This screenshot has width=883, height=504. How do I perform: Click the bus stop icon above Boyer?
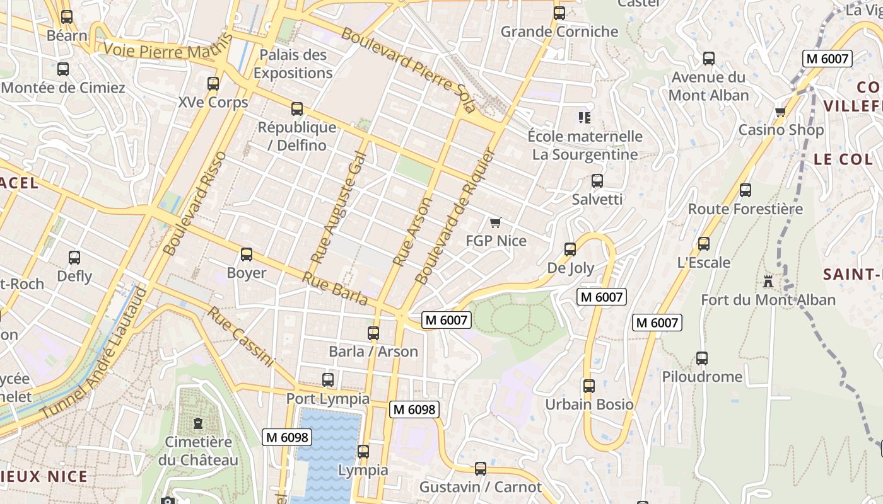247,255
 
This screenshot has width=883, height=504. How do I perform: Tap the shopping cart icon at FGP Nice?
495,222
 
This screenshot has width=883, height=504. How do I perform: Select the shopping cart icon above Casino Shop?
780,112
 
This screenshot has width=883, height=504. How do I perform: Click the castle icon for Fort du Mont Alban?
768,281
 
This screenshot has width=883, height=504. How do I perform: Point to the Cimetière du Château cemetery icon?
199,423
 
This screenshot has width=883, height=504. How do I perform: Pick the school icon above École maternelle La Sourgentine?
585,118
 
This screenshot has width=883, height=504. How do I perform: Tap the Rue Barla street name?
334,289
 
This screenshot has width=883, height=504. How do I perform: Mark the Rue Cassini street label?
241,336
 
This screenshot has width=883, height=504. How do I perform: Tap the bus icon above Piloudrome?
702,358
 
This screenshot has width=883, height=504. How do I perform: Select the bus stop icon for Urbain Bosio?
589,386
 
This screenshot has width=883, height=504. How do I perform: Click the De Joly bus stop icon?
570,249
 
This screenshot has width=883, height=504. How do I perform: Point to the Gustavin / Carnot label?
480,487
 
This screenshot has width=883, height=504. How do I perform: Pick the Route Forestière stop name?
745,209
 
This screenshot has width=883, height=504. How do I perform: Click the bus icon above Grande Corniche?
559,13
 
